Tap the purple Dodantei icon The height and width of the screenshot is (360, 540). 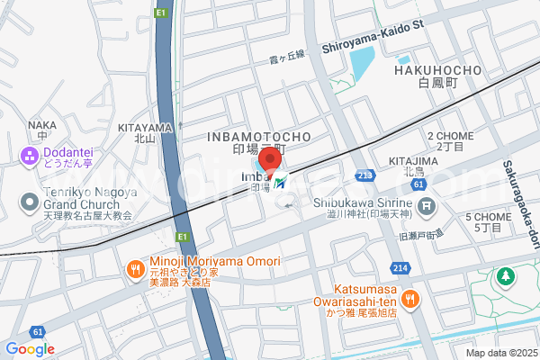point(29,157)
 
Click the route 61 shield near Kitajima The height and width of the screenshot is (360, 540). point(418,184)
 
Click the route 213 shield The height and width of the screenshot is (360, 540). point(364,175)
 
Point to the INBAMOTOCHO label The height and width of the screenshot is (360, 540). point(259,136)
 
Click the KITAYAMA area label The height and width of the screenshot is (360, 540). point(145,128)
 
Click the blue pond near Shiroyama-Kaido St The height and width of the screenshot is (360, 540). point(362,66)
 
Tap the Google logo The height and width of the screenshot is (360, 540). point(30,349)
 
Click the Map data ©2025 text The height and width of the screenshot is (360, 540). point(500,353)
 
